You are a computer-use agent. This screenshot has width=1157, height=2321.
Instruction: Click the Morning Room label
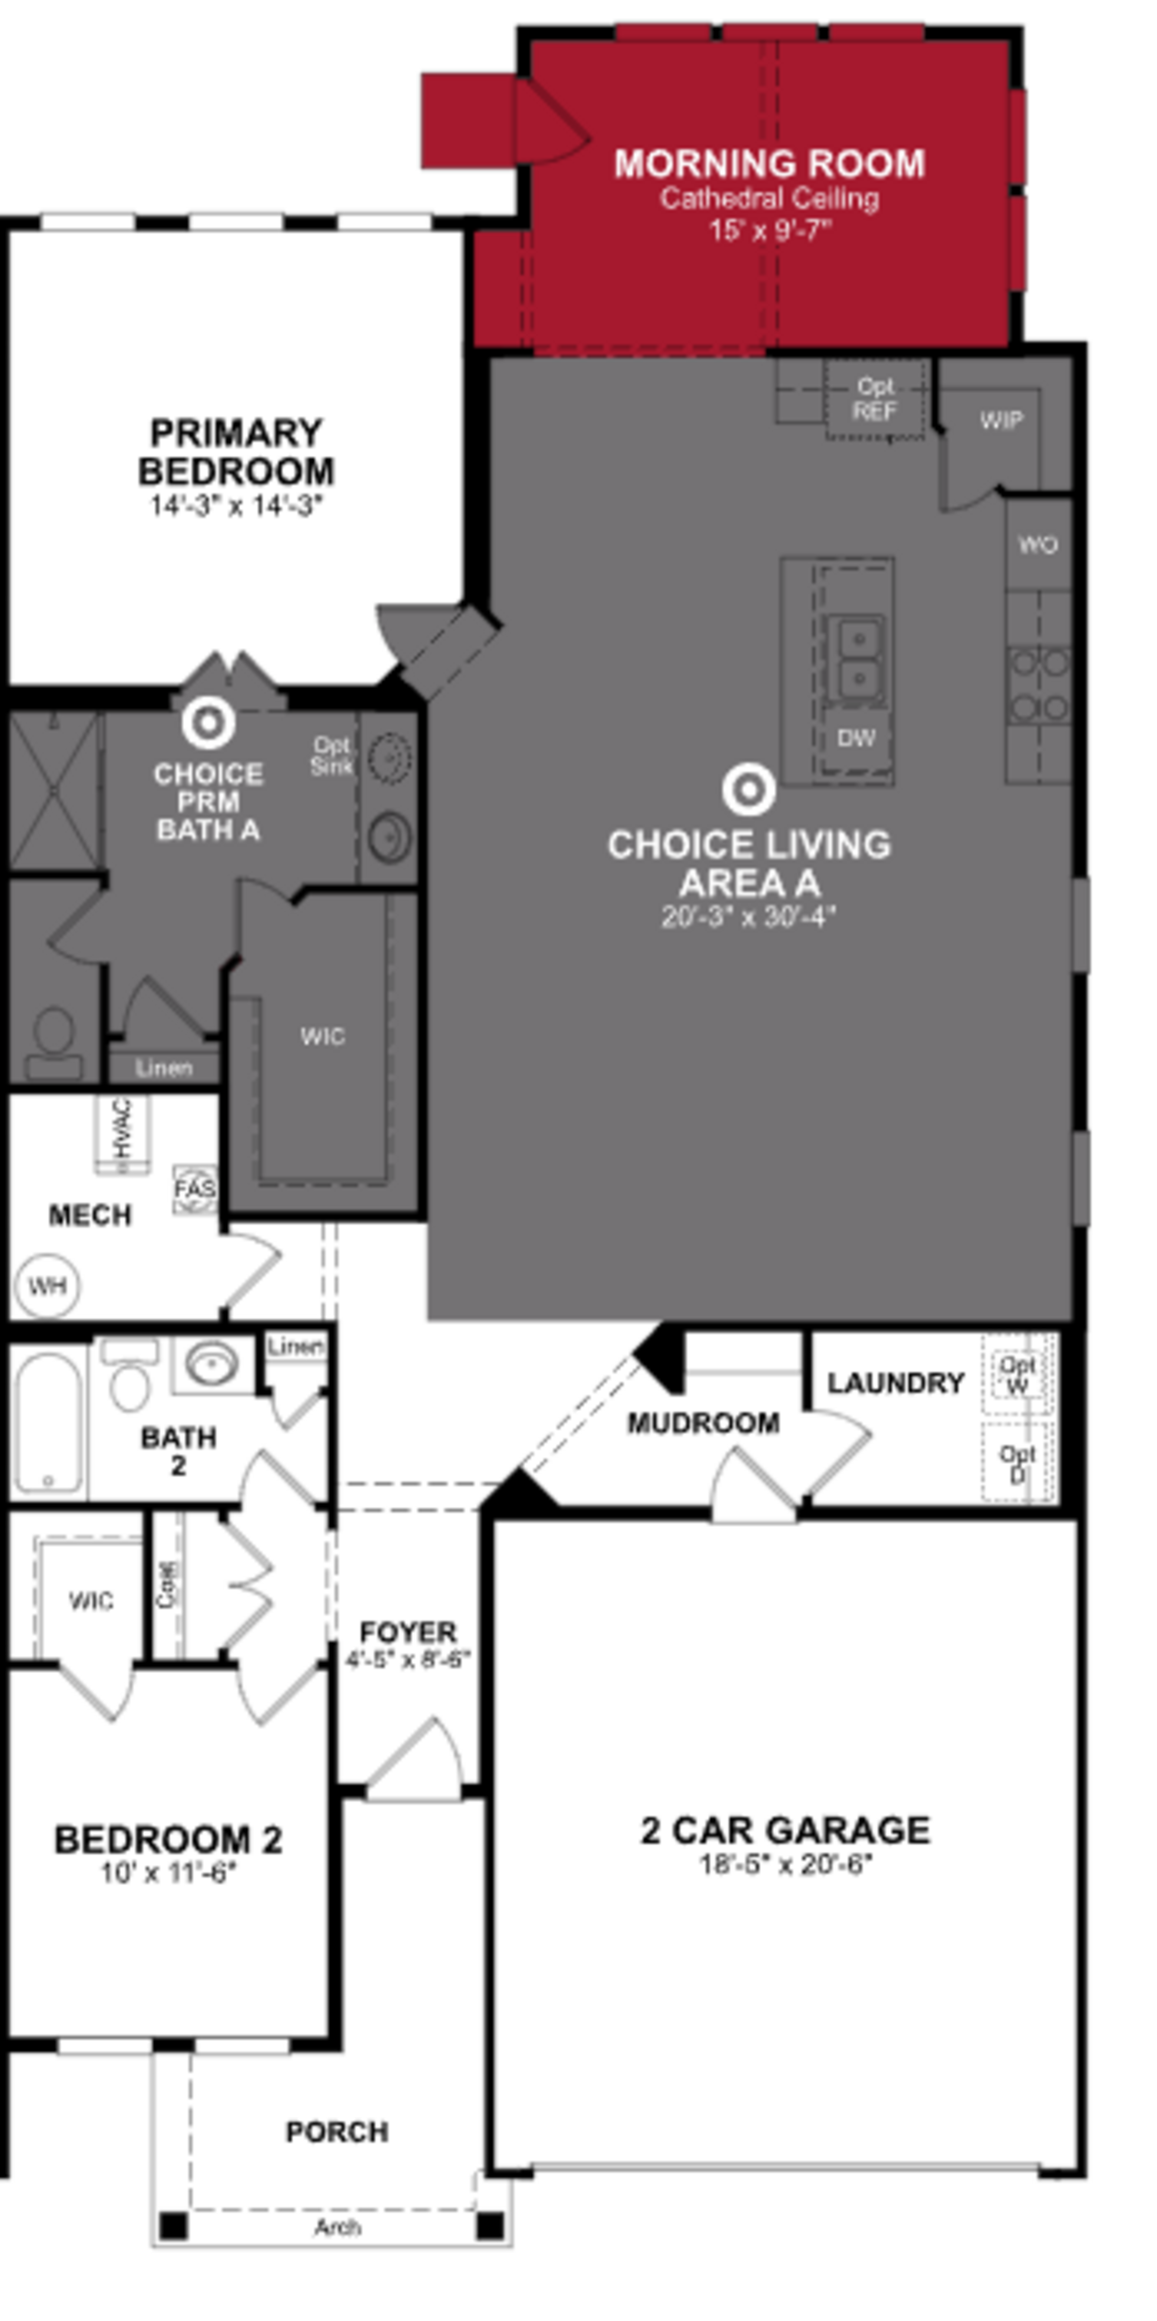770,164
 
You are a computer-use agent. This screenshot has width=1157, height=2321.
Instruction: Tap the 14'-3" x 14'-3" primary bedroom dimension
236,506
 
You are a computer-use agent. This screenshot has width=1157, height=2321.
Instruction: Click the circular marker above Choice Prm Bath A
208,723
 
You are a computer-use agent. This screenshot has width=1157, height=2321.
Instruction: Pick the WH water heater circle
47,1286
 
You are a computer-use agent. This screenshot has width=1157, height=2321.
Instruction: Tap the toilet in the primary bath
54,1043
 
